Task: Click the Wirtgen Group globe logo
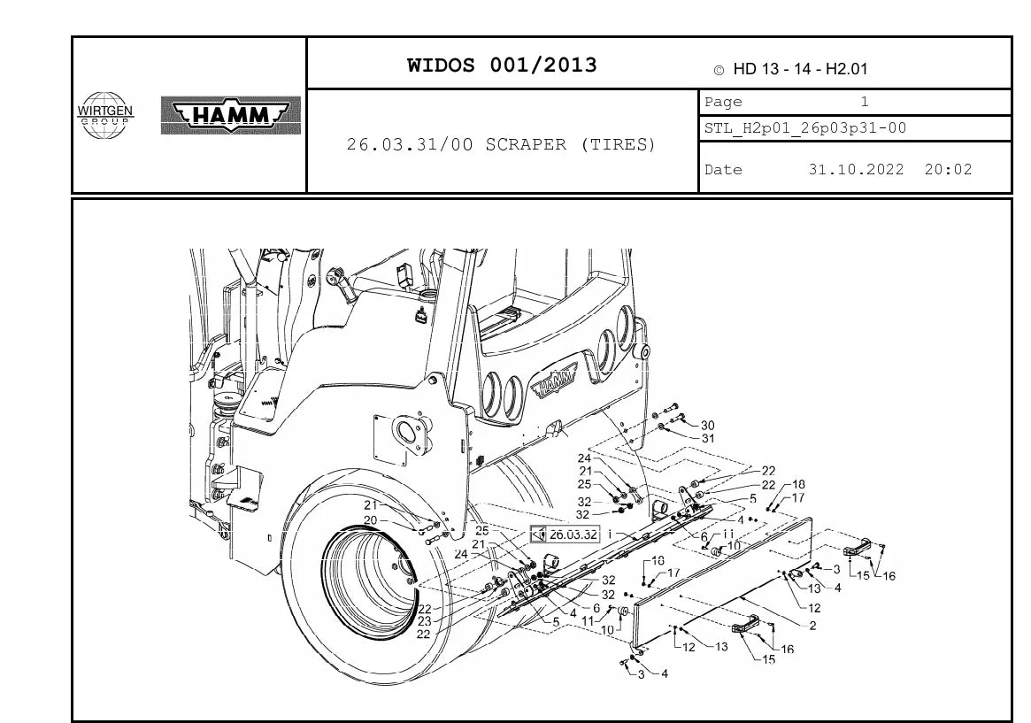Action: [x=104, y=116]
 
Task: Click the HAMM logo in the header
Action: [x=231, y=116]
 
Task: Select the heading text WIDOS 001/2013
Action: [x=502, y=65]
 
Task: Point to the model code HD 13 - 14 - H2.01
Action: [x=800, y=69]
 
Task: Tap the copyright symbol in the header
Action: [x=719, y=70]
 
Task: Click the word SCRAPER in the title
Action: [x=526, y=144]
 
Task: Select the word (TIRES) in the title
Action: [x=618, y=144]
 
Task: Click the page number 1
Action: [x=865, y=102]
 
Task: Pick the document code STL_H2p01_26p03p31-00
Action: [x=805, y=128]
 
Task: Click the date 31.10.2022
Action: [x=856, y=170]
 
